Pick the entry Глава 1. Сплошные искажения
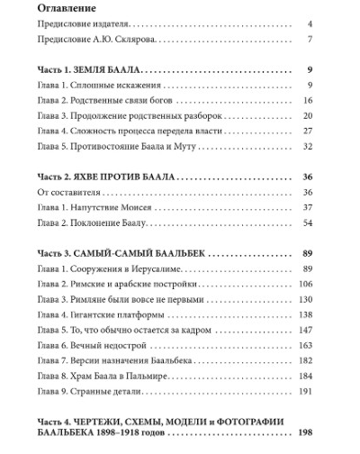pyautogui.click(x=99, y=86)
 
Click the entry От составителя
pyautogui.click(x=75, y=194)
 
